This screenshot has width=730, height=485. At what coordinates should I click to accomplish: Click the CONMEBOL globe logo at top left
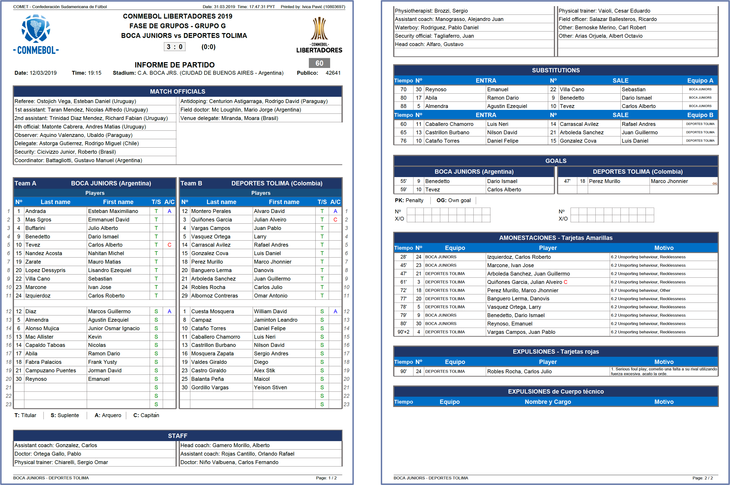(36, 28)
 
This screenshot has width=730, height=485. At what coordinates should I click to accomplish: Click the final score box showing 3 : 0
(175, 47)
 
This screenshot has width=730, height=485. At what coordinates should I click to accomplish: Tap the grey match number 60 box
(319, 63)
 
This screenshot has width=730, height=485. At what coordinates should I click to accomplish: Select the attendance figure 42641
(333, 73)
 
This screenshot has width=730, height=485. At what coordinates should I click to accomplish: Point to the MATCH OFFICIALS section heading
(177, 92)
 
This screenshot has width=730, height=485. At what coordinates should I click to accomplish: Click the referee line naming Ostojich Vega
(75, 101)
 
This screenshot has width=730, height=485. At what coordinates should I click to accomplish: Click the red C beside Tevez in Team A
(169, 245)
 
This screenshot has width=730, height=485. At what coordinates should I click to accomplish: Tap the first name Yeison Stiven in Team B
(271, 387)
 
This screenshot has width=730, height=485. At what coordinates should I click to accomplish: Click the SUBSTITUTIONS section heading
(556, 70)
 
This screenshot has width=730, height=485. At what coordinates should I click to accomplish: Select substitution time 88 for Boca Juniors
(403, 106)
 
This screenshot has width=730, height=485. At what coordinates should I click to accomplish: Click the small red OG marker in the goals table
(715, 184)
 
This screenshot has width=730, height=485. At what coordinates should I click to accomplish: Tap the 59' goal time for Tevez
(403, 190)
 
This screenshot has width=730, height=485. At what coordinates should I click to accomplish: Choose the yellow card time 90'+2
(403, 332)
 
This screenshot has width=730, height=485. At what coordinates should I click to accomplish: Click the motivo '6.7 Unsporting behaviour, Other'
(640, 290)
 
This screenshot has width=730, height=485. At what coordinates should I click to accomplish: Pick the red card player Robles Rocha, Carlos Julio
(519, 371)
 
